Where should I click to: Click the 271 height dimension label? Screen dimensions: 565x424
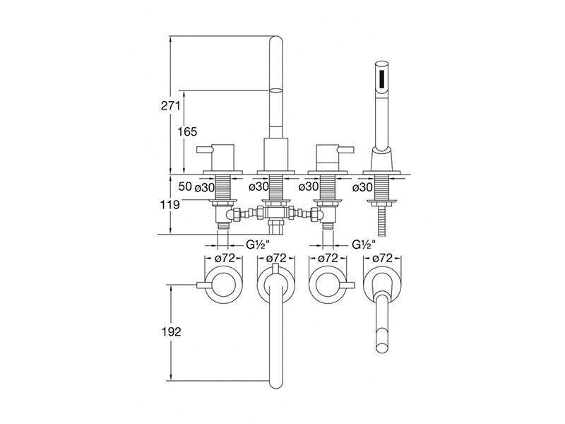[170, 106]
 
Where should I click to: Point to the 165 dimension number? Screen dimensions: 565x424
[187, 131]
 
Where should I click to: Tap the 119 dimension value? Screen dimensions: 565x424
[170, 205]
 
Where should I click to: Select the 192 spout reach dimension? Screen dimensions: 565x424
[171, 331]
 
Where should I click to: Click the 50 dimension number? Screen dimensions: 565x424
[185, 187]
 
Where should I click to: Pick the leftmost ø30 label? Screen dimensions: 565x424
[204, 187]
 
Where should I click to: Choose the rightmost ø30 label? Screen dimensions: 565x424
[362, 187]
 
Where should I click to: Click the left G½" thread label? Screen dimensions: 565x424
[258, 245]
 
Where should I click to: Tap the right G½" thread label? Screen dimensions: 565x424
[364, 245]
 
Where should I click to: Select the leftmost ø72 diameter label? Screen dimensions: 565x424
[225, 258]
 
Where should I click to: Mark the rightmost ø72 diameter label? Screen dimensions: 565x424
[382, 258]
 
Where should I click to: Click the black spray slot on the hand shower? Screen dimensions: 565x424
[382, 79]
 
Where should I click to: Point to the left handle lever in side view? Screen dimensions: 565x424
[205, 149]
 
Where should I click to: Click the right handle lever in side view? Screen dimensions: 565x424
[347, 149]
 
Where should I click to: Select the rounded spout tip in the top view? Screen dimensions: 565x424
[276, 383]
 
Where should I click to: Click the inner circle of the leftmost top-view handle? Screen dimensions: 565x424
[223, 285]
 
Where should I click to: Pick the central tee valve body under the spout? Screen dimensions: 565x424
[275, 213]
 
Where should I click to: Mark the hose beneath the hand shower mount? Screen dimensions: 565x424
[382, 223]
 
